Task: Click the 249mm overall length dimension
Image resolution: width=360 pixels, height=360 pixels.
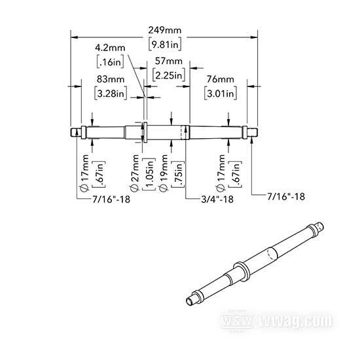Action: tap(164, 30)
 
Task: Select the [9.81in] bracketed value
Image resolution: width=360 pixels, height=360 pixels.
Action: tap(164, 45)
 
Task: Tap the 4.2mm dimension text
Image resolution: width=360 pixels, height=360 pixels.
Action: tap(110, 48)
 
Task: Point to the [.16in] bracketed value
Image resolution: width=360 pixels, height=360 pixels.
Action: tap(110, 62)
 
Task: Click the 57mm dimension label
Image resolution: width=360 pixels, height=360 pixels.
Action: tap(169, 62)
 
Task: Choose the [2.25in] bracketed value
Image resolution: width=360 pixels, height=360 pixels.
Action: tap(169, 75)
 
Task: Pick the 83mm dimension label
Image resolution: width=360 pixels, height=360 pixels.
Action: tap(111, 79)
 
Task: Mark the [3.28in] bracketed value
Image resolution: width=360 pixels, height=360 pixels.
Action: tap(111, 93)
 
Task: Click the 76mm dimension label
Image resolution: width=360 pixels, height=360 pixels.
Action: tap(221, 79)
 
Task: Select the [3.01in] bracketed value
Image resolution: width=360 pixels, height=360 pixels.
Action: tap(221, 93)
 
